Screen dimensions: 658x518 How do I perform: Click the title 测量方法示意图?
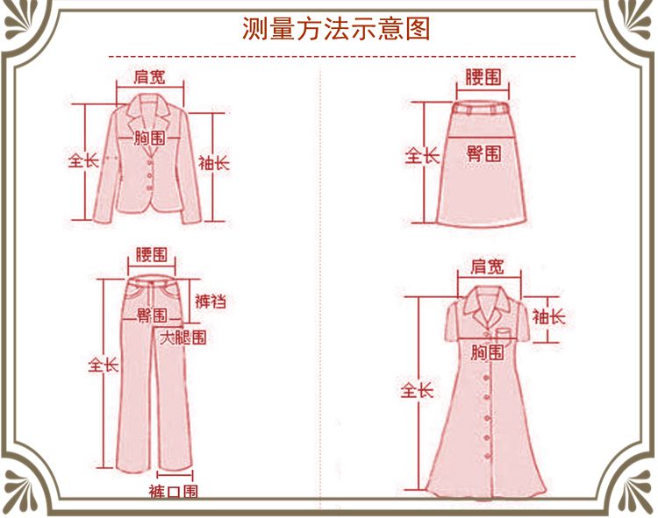coord(336,29)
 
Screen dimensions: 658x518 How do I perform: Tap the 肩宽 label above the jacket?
coord(150,77)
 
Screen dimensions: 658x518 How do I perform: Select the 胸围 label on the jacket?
coord(150,138)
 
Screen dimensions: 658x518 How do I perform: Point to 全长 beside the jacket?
coord(84,161)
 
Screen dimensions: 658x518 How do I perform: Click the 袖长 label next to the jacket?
coord(213,163)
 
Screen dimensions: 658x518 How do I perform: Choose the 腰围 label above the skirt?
coord(483,76)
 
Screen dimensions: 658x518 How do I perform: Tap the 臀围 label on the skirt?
coord(483,154)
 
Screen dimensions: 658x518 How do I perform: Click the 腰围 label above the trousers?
coord(151,255)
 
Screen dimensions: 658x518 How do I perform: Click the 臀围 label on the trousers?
coord(152,315)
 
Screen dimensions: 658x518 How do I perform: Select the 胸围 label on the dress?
coord(487,352)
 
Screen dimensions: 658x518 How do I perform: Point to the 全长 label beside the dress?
coord(418,391)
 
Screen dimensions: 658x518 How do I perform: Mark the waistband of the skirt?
coord(483,109)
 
